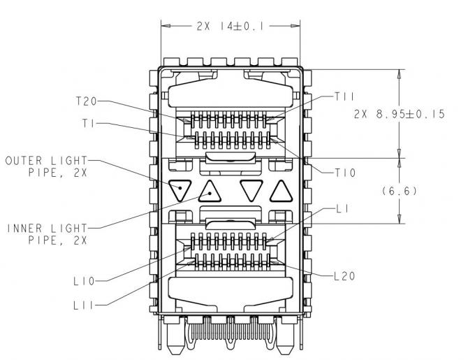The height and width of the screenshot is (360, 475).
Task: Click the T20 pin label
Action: [87, 101]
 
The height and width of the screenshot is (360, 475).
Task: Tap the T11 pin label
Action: [346, 95]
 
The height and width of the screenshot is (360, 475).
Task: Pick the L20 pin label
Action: [343, 276]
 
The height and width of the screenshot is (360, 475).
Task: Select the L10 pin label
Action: [84, 282]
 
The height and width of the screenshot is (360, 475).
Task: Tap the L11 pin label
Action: [84, 305]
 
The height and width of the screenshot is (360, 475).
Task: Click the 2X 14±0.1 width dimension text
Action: [230, 25]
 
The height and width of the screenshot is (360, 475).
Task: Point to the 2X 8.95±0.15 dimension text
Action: [399, 114]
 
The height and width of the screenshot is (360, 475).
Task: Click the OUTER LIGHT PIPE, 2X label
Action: [47, 166]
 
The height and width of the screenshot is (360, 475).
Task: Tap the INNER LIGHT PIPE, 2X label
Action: [47, 234]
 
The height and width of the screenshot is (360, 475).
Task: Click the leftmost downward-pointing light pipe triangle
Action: [180, 189]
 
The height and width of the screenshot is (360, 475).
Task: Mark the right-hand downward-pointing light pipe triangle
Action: [251, 189]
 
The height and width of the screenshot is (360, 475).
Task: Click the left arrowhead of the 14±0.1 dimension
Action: [166, 25]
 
